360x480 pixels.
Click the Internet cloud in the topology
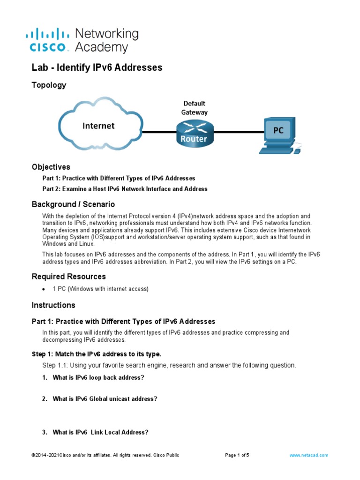99,125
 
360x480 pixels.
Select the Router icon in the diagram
194,132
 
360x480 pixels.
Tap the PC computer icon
279,135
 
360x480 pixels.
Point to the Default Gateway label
194,108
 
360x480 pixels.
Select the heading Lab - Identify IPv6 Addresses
97,67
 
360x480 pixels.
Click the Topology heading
49,85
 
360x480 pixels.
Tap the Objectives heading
51,167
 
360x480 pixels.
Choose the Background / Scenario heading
73,204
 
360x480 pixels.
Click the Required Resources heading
68,277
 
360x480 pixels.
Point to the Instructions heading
53,305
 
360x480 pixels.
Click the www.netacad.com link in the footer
308,455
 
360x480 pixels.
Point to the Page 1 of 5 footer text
237,455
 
